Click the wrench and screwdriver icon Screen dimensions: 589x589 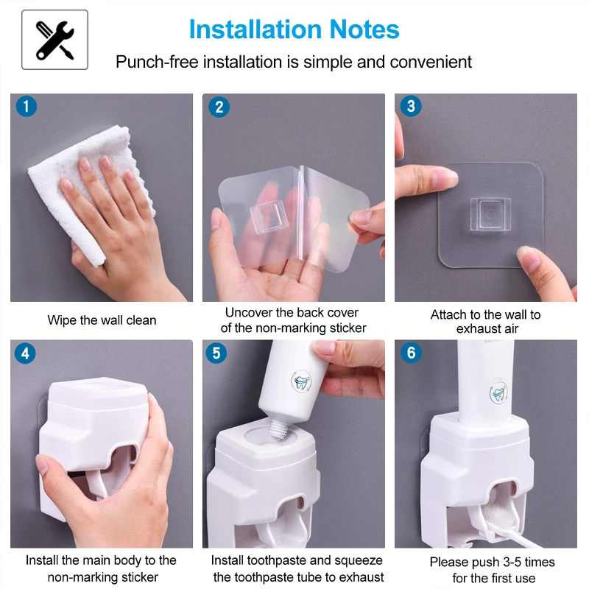point(54,40)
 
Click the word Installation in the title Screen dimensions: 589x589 point(255,29)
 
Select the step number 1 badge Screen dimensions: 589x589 point(27,106)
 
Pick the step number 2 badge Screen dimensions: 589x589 point(219,107)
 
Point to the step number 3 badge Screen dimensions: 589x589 point(411,106)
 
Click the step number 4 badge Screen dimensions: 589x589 point(25,353)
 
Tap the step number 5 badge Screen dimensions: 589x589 point(216,353)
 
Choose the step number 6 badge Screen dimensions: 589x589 point(412,353)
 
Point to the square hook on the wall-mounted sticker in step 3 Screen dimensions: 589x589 point(490,214)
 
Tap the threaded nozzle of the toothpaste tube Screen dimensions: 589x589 point(279,429)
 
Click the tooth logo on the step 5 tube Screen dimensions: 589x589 point(302,381)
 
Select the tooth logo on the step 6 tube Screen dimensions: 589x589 point(499,392)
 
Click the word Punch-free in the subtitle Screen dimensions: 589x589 point(157,63)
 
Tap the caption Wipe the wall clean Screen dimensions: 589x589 point(102,320)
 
